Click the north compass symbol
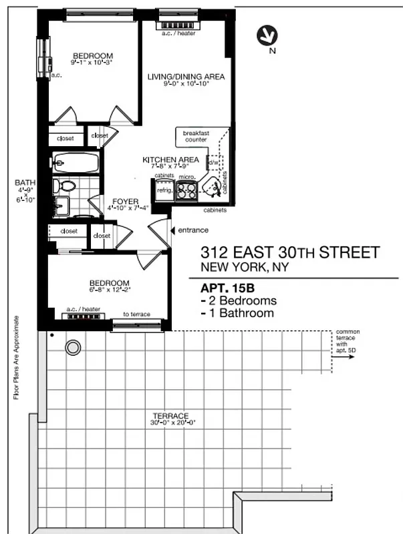point(268,35)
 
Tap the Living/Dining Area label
point(186,77)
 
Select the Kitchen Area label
point(170,160)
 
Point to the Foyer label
point(126,200)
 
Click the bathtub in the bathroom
point(75,162)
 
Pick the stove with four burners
point(186,191)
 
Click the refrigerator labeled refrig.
point(164,190)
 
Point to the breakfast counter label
point(196,137)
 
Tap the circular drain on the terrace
point(72,347)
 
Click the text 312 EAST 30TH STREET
point(290,253)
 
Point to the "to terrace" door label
point(136,314)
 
